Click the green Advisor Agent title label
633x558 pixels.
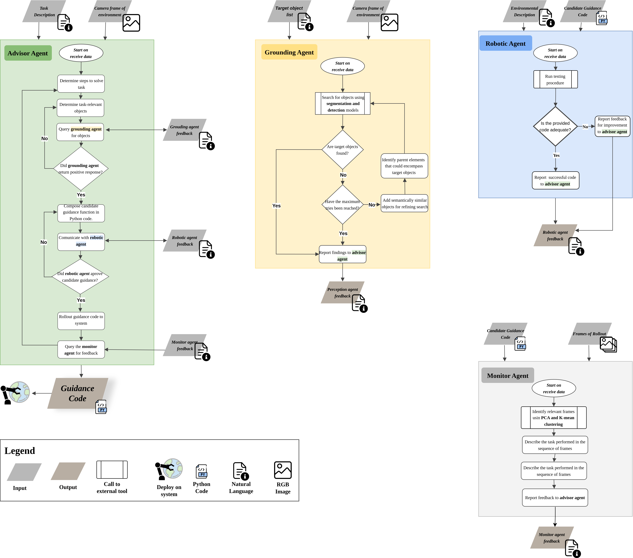pos(28,53)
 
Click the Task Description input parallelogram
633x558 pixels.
pos(44,11)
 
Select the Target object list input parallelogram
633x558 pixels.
pos(289,11)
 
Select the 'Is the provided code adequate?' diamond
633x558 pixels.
pos(555,126)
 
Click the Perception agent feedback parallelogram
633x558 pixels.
pos(343,293)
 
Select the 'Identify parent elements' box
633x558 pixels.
pos(404,166)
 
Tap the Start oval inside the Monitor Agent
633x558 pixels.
pos(554,388)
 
